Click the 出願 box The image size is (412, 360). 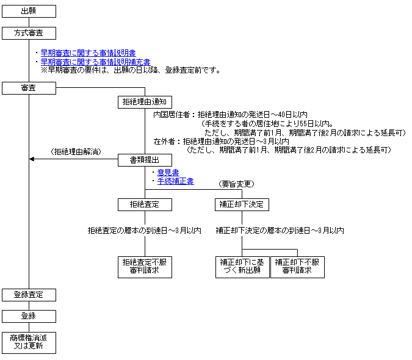coord(29,12)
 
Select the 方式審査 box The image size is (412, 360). coord(29,33)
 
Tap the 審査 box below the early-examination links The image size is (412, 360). coord(29,88)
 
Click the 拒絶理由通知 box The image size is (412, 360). coord(145,102)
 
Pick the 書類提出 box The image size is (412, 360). coord(145,160)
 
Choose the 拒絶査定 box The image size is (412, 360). coord(145,204)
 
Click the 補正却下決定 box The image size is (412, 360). coord(242,204)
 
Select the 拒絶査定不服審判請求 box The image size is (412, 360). coord(145,267)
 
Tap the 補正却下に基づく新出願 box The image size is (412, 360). coord(242,267)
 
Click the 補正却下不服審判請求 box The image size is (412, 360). coord(297,267)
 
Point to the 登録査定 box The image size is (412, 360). coord(29,295)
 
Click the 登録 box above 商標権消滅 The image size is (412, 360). coord(29,316)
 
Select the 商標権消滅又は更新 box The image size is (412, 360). coord(29,343)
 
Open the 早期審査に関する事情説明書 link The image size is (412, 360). coord(89,53)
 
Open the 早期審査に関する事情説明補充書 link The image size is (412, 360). coord(96,62)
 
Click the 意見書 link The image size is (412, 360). coord(168,173)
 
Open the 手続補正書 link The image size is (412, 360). coord(176,181)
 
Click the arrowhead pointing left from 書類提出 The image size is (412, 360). coord(32,159)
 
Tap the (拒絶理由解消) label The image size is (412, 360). coord(76,152)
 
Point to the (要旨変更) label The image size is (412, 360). coord(236,184)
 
